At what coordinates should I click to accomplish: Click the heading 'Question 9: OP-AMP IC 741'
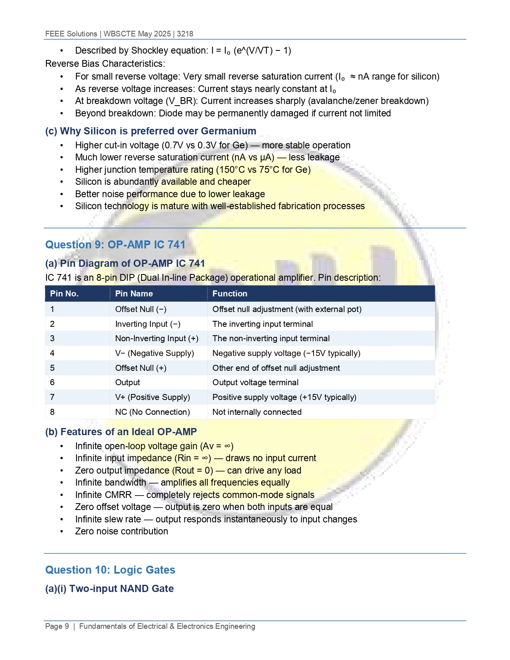click(115, 245)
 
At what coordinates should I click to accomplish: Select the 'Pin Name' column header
click(134, 294)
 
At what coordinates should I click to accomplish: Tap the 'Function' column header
click(230, 294)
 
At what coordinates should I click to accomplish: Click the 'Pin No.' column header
click(64, 294)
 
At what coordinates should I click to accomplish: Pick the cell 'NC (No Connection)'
click(152, 412)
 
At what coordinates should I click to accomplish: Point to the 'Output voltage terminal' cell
click(255, 382)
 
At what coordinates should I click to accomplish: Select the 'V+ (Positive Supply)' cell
click(152, 397)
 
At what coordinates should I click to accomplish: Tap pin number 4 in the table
click(52, 353)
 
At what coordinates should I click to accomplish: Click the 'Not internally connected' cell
click(257, 412)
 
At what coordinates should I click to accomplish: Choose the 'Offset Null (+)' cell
click(141, 368)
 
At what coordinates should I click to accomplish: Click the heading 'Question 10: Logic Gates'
click(110, 570)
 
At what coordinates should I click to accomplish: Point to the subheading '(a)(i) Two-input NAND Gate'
click(109, 589)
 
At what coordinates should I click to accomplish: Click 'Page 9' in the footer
click(57, 626)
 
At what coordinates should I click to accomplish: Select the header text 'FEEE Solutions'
click(71, 34)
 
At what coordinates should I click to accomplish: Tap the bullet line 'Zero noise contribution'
click(122, 531)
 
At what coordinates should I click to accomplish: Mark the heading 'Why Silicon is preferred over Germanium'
click(158, 131)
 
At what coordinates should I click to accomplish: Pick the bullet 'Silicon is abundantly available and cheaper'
click(163, 182)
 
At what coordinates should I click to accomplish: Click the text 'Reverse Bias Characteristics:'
click(105, 64)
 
